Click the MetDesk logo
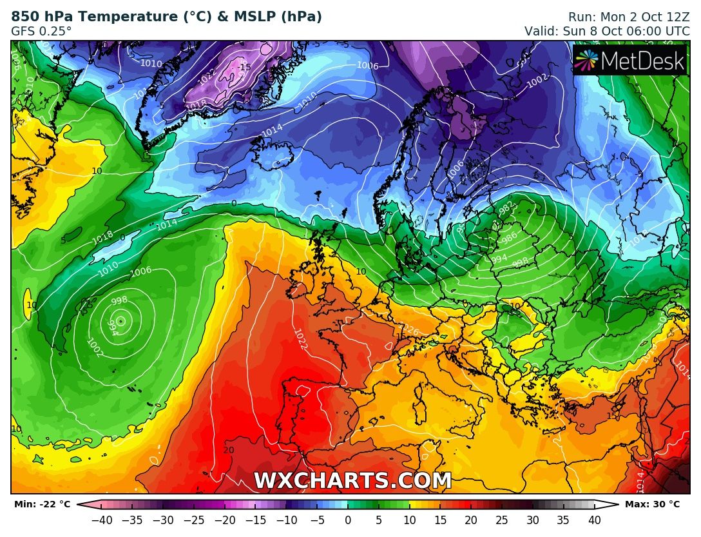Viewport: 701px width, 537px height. pos(629,60)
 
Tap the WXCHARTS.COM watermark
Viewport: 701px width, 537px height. pos(352,481)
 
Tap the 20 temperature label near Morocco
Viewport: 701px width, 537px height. pos(228,450)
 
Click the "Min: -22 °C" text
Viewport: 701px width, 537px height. pos(42,504)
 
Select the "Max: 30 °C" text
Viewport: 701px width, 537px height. pos(652,504)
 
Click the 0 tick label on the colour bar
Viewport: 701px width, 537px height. pos(348,520)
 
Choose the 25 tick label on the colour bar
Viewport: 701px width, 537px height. pos(502,520)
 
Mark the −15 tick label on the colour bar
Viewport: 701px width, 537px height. pos(256,520)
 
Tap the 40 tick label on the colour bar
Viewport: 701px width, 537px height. pos(594,520)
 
